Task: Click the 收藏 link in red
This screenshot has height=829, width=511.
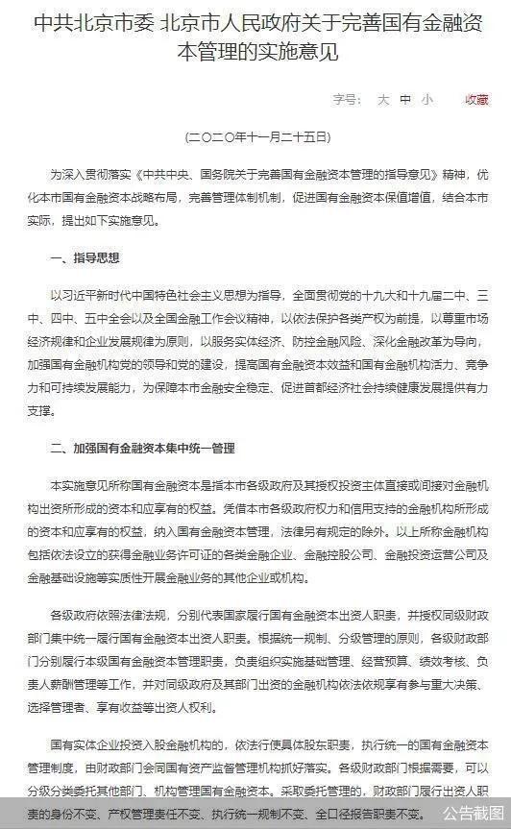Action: pyautogui.click(x=476, y=100)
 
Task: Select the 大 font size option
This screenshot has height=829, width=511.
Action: pyautogui.click(x=381, y=100)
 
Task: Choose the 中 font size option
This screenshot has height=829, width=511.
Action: pyautogui.click(x=404, y=100)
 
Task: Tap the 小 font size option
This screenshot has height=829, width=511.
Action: pyautogui.click(x=426, y=100)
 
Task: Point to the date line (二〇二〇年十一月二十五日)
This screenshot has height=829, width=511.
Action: pyautogui.click(x=255, y=137)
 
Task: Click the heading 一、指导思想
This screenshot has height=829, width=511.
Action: pyautogui.click(x=85, y=258)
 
